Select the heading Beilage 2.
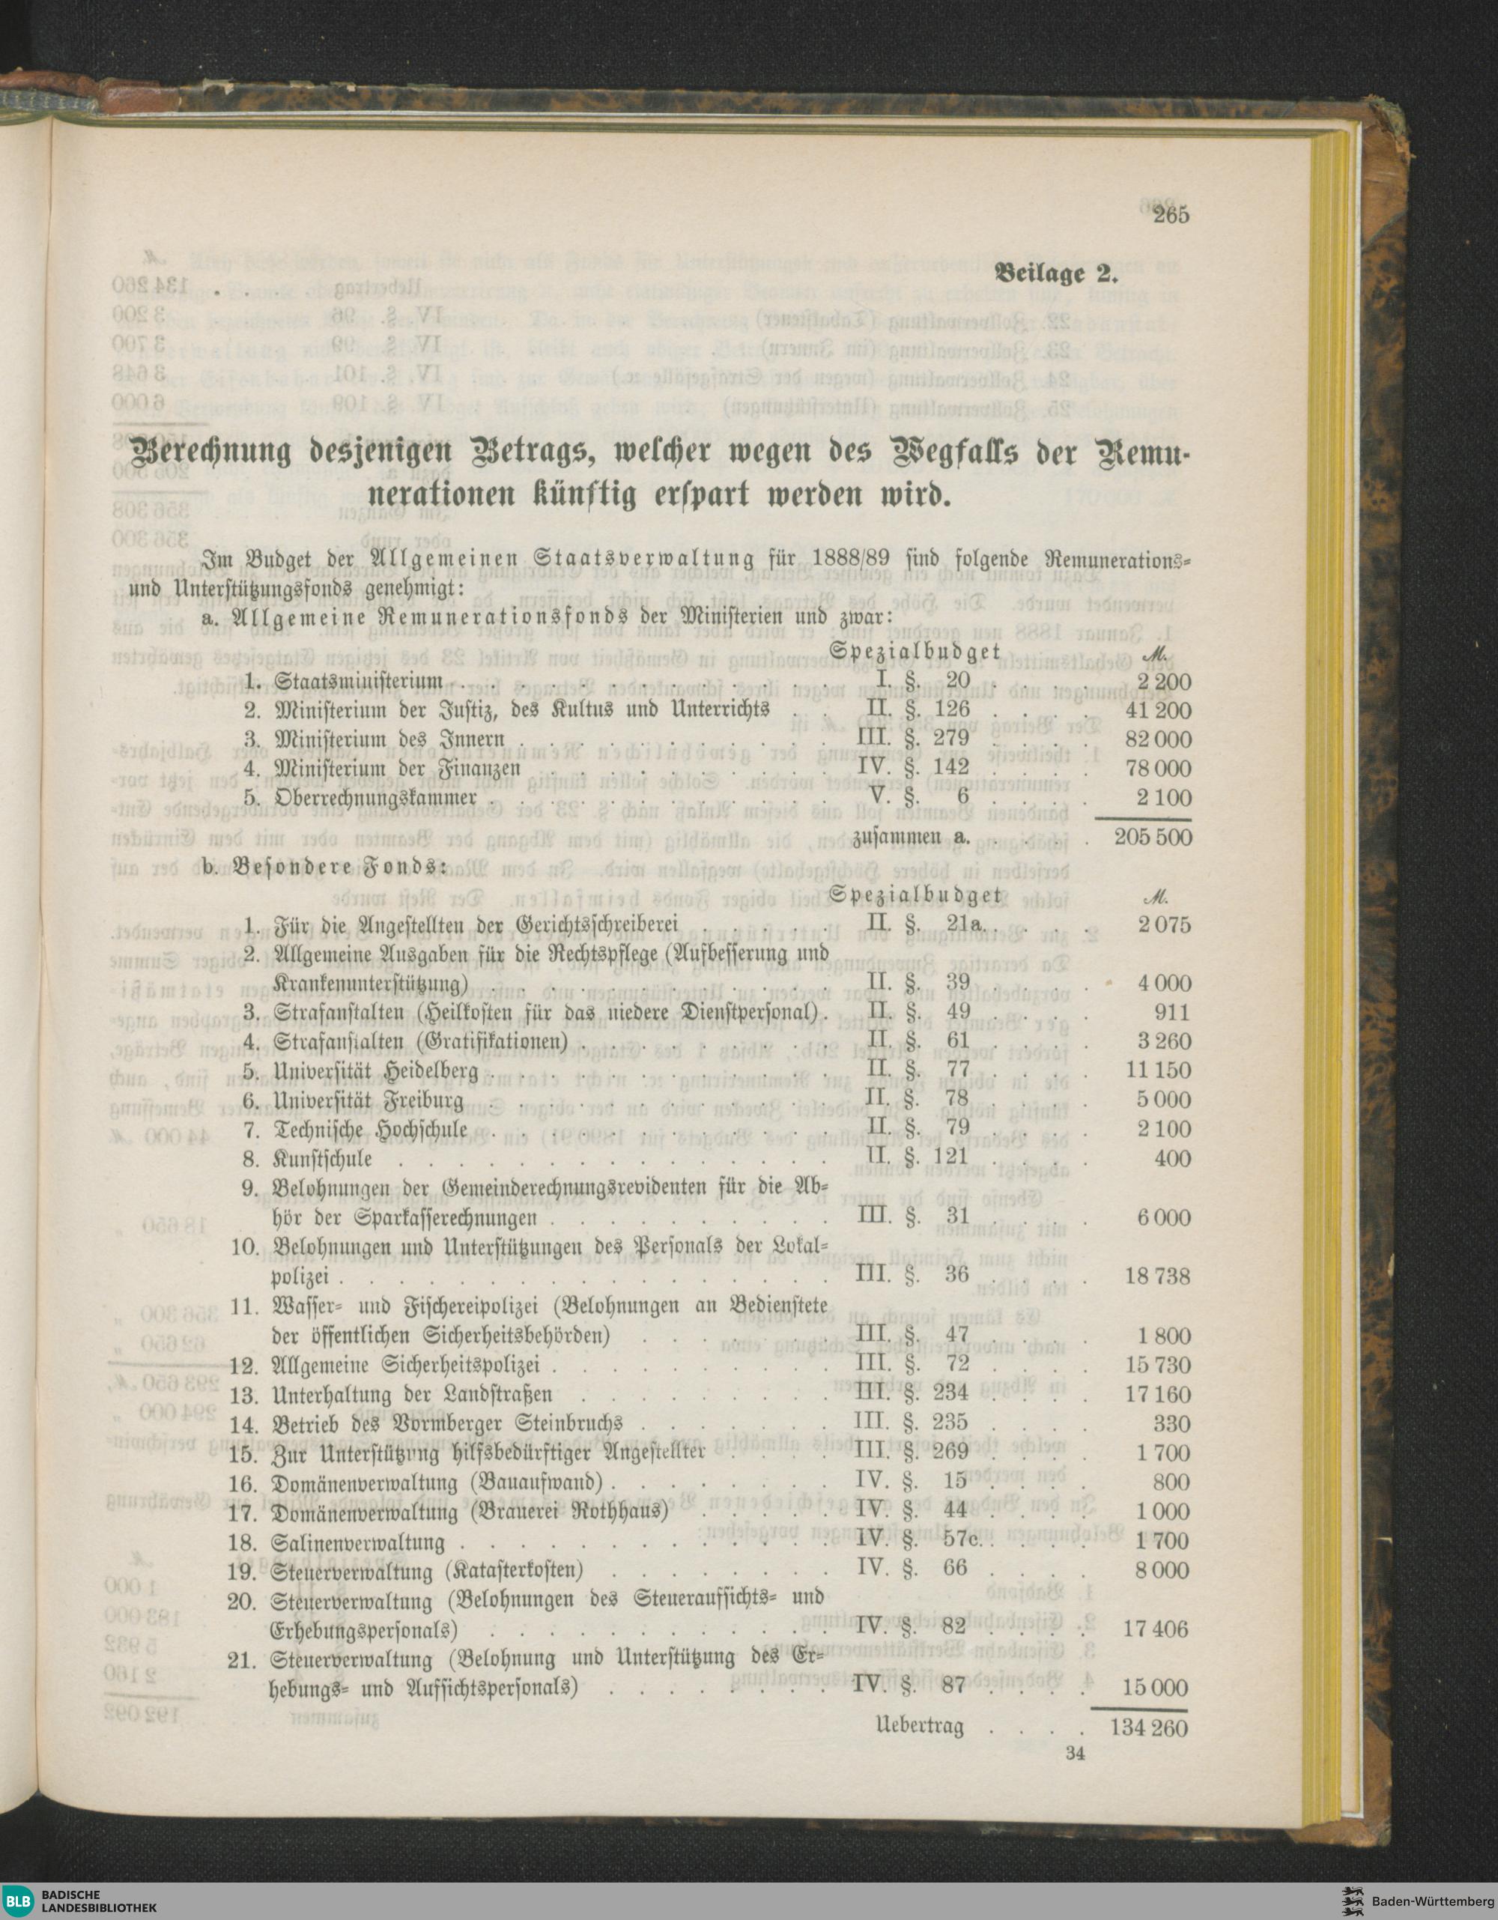click(1055, 273)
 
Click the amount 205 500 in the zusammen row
click(1153, 836)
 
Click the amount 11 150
click(1158, 1070)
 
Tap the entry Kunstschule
click(323, 1159)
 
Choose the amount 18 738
click(1158, 1276)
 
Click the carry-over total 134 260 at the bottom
click(1149, 1727)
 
